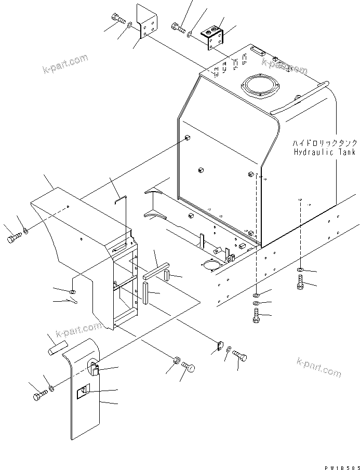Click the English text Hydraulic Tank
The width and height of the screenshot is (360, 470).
pos(324,152)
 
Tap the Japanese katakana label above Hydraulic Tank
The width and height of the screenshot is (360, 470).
pos(324,143)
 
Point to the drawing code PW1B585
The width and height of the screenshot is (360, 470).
pos(341,465)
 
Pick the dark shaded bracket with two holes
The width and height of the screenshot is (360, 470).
pos(214,37)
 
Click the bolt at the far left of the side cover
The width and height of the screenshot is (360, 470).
pos(14,239)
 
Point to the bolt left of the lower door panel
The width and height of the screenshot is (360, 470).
pos(39,396)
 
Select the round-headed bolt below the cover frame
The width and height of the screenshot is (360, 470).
pos(189,368)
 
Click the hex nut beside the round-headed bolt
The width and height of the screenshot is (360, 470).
pos(177,360)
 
